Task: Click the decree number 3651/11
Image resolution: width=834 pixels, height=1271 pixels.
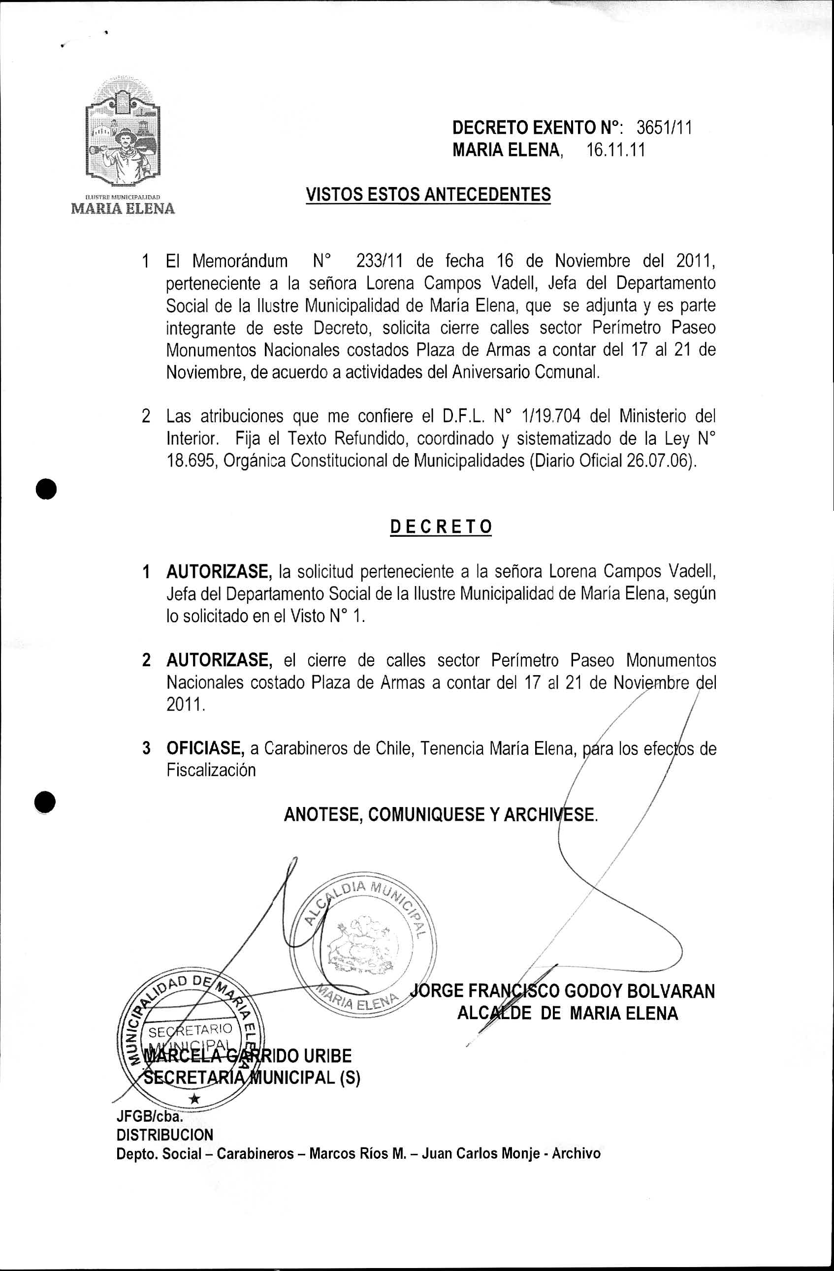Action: pyautogui.click(x=664, y=127)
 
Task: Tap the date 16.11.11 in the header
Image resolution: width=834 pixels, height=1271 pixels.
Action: pyautogui.click(x=615, y=150)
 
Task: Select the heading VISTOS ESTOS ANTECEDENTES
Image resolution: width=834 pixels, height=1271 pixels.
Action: pyautogui.click(x=428, y=194)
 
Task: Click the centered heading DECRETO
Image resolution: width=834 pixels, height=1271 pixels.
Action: pyautogui.click(x=441, y=527)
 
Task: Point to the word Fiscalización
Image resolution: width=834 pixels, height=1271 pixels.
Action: pyautogui.click(x=211, y=770)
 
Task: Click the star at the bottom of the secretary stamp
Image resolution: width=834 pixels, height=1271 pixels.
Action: pyautogui.click(x=195, y=1099)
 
